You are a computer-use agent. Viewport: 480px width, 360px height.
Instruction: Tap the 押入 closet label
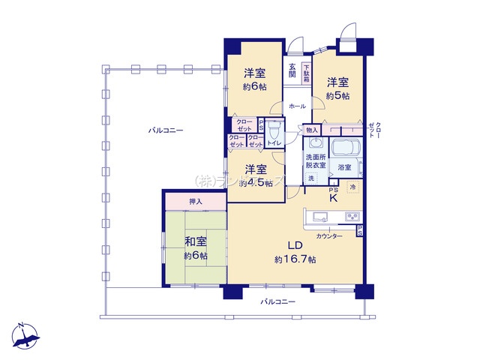[194, 201]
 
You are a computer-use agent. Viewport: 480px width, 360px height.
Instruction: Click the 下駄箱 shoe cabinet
[306, 73]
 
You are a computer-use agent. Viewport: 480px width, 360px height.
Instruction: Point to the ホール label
[297, 106]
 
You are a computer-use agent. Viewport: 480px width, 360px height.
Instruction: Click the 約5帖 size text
[337, 95]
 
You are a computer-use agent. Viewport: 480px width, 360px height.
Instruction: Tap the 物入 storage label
[313, 130]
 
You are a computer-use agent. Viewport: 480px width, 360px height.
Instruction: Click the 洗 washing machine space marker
[311, 178]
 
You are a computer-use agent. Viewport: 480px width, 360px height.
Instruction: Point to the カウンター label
[329, 236]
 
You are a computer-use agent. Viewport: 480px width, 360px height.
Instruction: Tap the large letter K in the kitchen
[334, 199]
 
